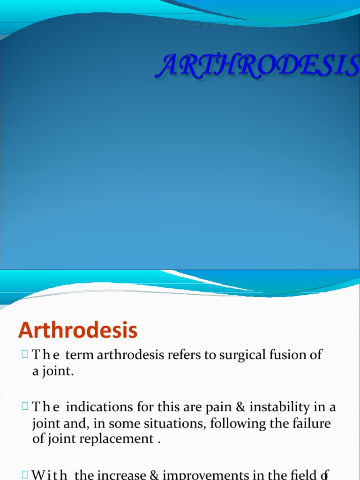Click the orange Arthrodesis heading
click(x=78, y=331)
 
